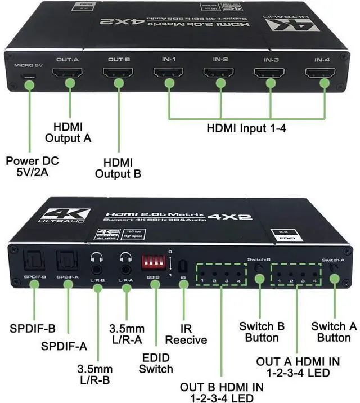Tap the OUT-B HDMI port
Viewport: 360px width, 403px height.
point(117,74)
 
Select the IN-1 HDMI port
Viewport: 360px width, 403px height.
point(168,74)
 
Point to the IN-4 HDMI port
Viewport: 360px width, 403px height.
point(318,74)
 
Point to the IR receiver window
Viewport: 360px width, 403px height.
point(182,264)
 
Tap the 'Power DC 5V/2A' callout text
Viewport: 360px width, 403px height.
point(31,167)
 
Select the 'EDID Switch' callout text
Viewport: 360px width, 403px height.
point(156,363)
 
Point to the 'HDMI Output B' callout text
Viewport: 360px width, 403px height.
point(118,168)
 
